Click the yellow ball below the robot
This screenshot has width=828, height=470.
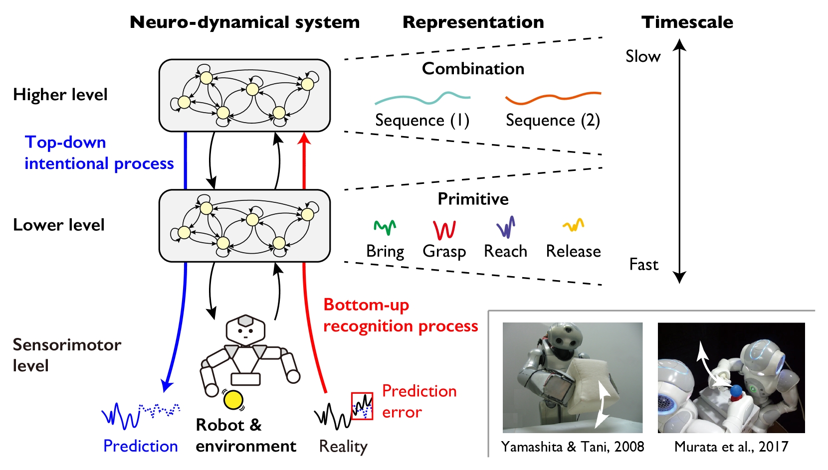click(233, 400)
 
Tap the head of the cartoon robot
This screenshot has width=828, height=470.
click(245, 330)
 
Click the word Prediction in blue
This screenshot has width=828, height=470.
click(141, 446)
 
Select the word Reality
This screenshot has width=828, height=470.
click(343, 446)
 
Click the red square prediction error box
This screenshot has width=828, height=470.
click(362, 406)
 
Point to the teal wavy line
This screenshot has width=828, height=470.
click(422, 98)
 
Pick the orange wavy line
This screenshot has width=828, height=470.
click(553, 98)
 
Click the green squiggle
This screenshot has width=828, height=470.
click(385, 227)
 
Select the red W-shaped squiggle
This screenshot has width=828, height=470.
click(444, 230)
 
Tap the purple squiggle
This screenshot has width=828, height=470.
click(506, 227)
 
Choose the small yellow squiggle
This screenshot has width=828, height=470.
click(574, 225)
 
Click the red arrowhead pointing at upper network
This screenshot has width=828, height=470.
click(304, 139)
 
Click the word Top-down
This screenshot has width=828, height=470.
click(65, 143)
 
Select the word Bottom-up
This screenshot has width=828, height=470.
click(366, 305)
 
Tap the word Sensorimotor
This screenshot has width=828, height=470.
click(67, 345)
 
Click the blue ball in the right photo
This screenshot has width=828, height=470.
click(736, 391)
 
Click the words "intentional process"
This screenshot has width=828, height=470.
click(99, 164)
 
